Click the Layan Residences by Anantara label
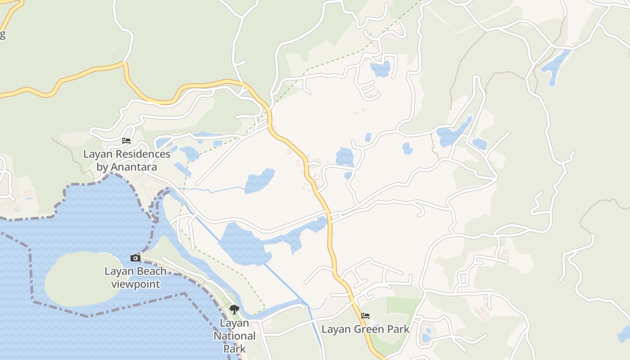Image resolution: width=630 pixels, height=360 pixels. [127, 161]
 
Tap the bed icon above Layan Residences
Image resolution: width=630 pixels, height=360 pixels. [126, 141]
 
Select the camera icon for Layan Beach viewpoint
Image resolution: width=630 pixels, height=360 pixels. [135, 258]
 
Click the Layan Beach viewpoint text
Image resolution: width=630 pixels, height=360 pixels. [135, 278]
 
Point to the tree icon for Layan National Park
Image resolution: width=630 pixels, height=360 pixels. [234, 309]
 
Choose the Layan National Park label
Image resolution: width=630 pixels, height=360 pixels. [234, 336]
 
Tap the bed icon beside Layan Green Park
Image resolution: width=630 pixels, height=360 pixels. [365, 316]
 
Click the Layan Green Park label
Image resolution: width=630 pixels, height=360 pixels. [365, 329]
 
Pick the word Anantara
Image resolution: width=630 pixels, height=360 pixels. [134, 167]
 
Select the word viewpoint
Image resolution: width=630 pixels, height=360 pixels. [135, 284]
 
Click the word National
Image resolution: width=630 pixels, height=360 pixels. [234, 336]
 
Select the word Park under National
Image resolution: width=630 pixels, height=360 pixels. [234, 348]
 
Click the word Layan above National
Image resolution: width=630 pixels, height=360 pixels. [234, 323]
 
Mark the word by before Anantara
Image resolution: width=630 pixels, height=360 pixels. [102, 167]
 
